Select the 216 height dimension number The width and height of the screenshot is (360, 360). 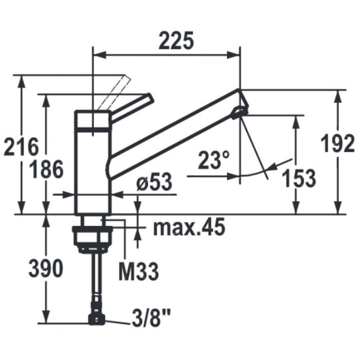click(21, 147)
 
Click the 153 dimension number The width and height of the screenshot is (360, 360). click(298, 178)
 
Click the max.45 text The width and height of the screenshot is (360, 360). click(189, 227)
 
